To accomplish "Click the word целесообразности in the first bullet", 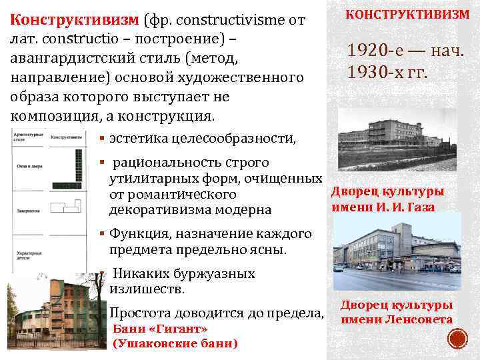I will click(237, 139).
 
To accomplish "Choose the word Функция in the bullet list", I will click(138, 234).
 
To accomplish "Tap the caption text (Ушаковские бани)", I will click(176, 344).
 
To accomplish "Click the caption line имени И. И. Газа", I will click(383, 207).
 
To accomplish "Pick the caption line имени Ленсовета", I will click(397, 319).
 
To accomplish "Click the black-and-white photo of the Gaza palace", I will click(397, 141).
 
